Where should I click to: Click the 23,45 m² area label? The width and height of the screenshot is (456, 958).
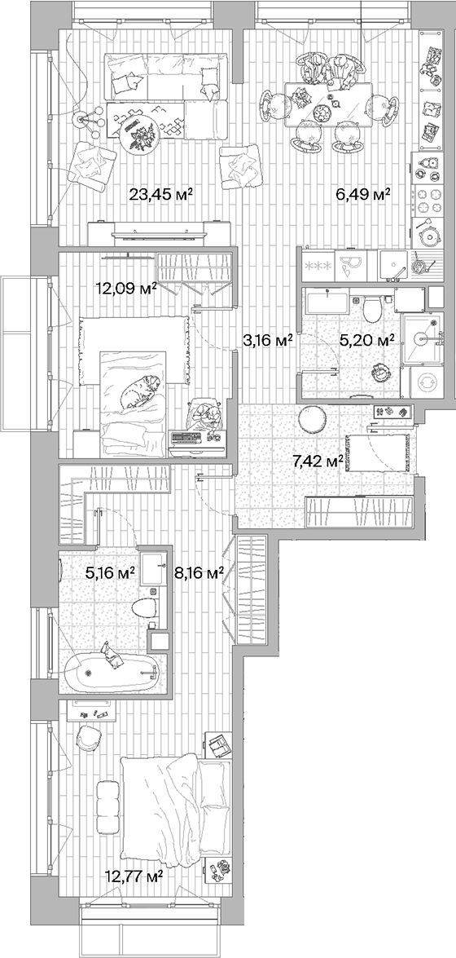(160, 194)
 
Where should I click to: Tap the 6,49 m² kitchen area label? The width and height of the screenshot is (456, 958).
(364, 194)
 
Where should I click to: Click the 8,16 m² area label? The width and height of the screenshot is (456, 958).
(199, 573)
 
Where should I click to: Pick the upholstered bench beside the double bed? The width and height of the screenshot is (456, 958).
(107, 805)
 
